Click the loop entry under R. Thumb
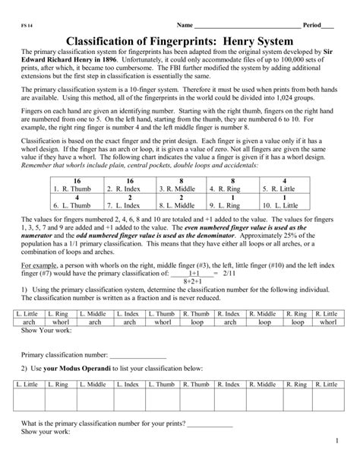click(197, 322)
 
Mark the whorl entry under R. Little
click(327, 322)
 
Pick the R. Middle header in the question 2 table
click(262, 385)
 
